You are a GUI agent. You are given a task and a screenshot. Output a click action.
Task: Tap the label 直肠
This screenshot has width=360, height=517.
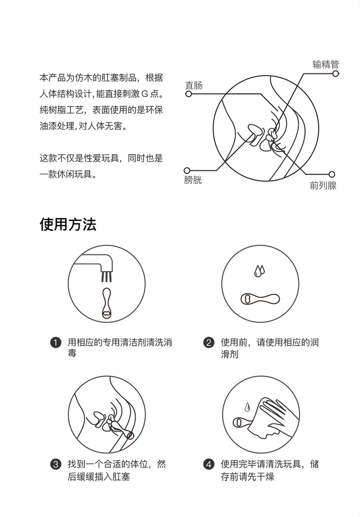[194, 85]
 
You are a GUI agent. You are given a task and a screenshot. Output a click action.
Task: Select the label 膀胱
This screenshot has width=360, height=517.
[193, 180]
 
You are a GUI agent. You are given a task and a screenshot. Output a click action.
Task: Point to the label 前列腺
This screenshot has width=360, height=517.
[323, 185]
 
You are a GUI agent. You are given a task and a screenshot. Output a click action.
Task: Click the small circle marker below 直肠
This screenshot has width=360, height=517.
[188, 94]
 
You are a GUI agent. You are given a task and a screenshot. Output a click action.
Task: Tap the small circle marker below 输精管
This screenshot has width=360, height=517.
[336, 73]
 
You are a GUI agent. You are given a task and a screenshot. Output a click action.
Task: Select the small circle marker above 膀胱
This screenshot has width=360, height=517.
[187, 170]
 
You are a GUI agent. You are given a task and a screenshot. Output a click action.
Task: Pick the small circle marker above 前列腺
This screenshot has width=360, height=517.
[331, 174]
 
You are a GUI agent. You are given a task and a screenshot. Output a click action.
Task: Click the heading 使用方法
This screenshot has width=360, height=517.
[68, 224]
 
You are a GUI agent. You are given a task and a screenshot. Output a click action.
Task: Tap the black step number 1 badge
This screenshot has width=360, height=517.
[56, 343]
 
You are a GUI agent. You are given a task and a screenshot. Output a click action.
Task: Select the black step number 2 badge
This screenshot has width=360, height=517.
[208, 343]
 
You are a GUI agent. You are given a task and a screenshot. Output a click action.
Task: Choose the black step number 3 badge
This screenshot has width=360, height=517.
[56, 465]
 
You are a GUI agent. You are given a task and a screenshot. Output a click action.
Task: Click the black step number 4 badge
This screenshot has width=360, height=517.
[208, 465]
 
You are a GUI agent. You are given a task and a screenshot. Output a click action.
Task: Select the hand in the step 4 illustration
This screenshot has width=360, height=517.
[274, 413]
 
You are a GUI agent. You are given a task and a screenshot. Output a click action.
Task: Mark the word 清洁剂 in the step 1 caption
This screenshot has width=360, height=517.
[136, 343]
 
